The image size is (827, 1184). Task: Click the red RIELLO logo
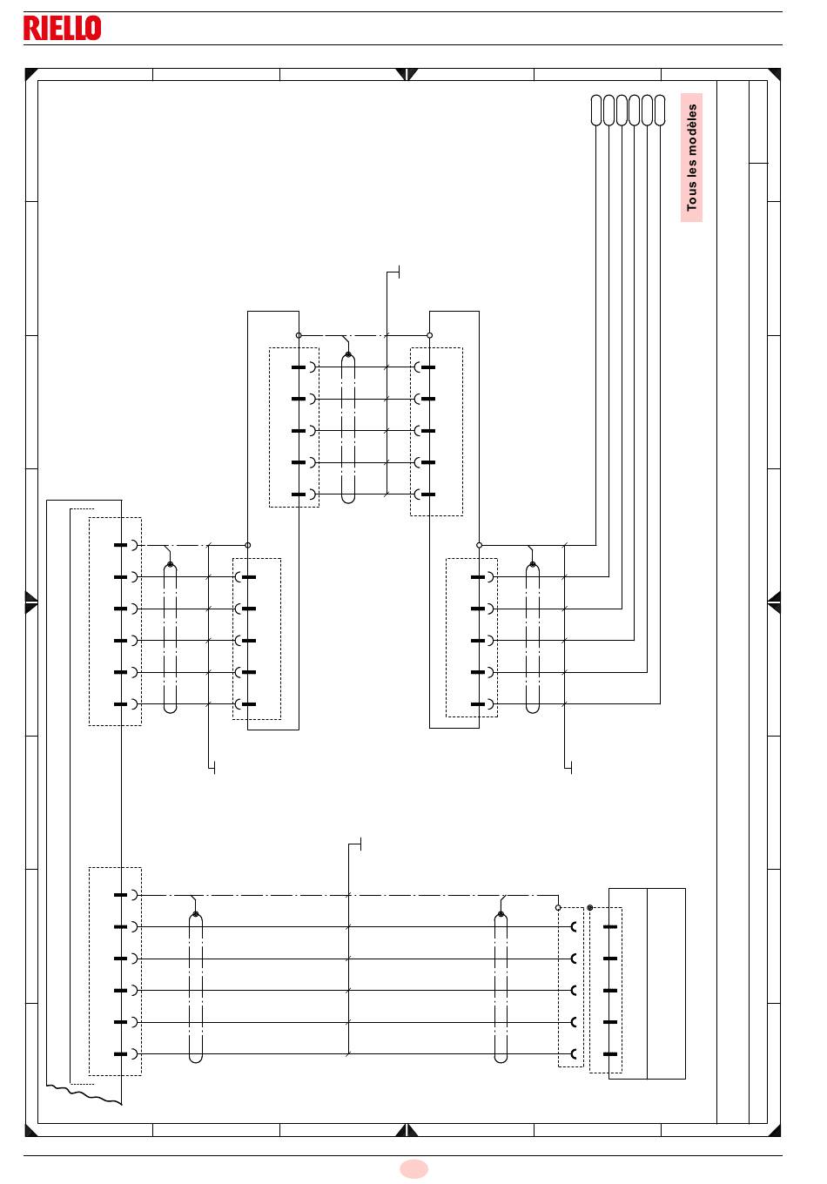click(x=63, y=28)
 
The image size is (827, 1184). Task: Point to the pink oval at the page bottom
click(x=413, y=1168)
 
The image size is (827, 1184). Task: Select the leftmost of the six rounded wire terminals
click(x=595, y=111)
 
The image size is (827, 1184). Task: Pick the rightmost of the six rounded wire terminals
click(x=660, y=111)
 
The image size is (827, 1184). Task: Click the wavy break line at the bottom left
click(x=84, y=1094)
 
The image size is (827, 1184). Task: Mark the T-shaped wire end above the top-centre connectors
click(x=393, y=272)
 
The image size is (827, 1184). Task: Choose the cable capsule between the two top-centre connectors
click(x=347, y=428)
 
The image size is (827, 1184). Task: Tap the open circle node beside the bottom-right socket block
click(x=558, y=907)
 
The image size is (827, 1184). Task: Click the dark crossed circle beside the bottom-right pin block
click(x=589, y=907)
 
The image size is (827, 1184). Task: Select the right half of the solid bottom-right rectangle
click(x=666, y=984)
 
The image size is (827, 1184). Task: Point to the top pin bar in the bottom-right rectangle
click(x=610, y=926)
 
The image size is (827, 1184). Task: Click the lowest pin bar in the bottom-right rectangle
click(x=610, y=1054)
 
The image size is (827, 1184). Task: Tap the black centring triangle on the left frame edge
click(x=31, y=602)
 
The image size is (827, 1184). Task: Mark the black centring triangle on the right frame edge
click(x=774, y=602)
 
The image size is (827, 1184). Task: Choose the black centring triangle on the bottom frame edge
click(x=407, y=1130)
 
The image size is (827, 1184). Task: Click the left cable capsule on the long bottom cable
click(x=196, y=987)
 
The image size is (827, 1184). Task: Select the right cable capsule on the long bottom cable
click(x=501, y=987)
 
